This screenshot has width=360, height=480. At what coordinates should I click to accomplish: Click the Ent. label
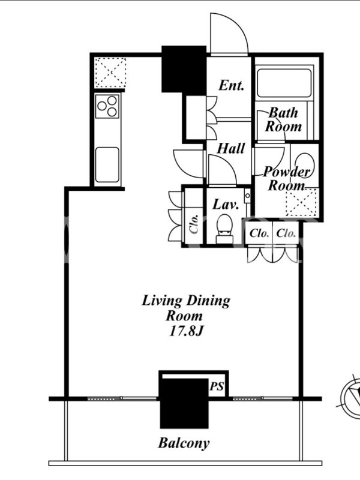click(232, 85)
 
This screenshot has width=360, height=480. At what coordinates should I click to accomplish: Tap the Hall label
click(231, 149)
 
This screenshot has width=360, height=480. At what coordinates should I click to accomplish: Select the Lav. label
click(226, 204)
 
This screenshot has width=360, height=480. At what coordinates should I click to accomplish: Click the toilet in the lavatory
click(224, 229)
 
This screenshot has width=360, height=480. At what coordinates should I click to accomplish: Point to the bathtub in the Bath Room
click(284, 83)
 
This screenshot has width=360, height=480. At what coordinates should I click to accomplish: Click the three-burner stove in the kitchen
click(107, 107)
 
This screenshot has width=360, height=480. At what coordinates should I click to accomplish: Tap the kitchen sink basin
click(107, 164)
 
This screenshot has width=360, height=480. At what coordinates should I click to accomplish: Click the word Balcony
click(184, 443)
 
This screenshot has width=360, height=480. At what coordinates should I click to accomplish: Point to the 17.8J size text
click(186, 332)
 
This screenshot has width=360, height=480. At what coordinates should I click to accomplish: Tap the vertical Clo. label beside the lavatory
click(194, 224)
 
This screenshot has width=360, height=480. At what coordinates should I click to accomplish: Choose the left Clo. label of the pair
click(259, 233)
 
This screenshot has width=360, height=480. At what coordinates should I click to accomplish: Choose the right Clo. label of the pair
click(286, 233)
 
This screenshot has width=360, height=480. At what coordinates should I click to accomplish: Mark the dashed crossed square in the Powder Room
click(301, 202)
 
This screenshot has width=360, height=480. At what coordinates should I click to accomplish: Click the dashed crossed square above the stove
click(110, 73)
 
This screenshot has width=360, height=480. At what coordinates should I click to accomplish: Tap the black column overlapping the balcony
click(184, 403)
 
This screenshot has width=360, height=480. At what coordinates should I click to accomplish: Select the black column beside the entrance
click(184, 69)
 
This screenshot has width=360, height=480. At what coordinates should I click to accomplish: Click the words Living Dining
click(186, 301)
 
